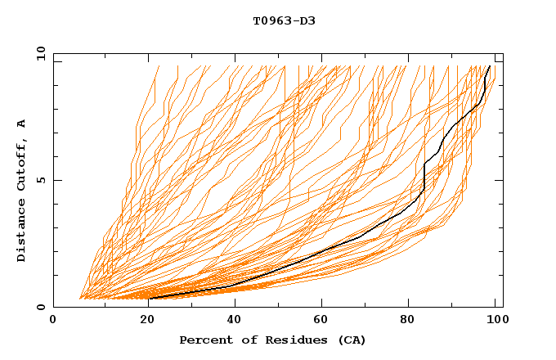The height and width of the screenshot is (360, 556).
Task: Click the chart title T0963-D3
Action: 284,20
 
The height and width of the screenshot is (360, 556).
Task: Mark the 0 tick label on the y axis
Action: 41,307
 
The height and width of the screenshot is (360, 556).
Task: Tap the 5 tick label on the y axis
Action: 41,180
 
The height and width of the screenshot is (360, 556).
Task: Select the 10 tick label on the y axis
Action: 38,53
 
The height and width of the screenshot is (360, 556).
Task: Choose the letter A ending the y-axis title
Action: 22,124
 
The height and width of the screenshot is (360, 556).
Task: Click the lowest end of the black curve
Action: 150,299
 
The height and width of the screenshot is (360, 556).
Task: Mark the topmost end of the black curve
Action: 490,66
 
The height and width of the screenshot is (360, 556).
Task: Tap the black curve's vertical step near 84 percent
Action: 424,176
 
